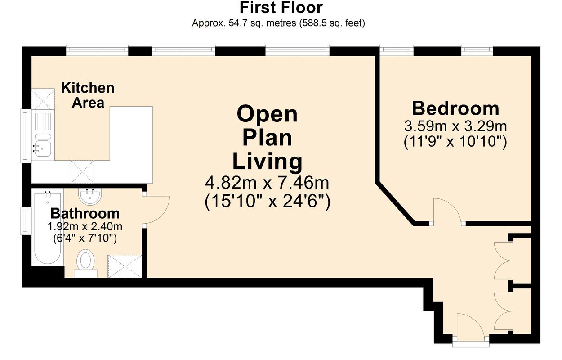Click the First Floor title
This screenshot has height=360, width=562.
281,8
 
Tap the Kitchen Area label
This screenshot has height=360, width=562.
88,95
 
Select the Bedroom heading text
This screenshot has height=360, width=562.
455,108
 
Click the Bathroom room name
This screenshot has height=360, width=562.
85,214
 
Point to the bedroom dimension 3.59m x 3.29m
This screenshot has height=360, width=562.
455,126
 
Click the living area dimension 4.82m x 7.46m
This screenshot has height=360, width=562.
267,183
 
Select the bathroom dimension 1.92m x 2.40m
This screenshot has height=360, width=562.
85,227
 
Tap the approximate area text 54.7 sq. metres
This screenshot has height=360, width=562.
263,23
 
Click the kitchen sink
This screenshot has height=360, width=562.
43,145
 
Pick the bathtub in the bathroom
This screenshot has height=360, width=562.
47,228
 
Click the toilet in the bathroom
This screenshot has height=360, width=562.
85,263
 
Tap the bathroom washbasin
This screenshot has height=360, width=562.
90,196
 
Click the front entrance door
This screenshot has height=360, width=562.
471,327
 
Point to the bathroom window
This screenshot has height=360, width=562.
26,221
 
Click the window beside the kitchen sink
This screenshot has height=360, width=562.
26,136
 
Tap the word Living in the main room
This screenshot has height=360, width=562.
268,162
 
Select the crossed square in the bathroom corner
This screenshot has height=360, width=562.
125,266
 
